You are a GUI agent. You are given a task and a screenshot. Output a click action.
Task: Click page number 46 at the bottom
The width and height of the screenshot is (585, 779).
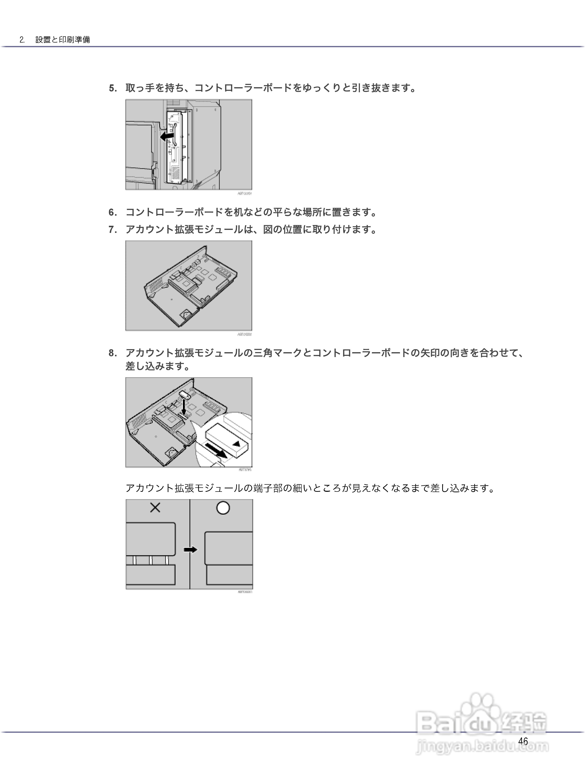pos(523,741)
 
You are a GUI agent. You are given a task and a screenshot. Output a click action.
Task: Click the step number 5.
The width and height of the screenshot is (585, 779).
pos(113,88)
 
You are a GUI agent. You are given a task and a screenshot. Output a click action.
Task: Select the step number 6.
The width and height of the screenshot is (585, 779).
pos(113,212)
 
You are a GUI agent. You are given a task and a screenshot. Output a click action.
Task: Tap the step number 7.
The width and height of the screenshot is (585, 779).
pos(113,230)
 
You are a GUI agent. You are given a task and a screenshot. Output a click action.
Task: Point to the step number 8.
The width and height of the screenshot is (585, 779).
pos(113,353)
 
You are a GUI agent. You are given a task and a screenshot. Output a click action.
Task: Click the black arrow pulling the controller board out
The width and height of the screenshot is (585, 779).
pos(167,136)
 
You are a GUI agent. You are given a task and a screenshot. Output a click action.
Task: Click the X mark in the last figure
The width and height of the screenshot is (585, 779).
pos(155,508)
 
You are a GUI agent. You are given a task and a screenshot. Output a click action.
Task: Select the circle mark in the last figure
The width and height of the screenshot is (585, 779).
pos(223,508)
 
